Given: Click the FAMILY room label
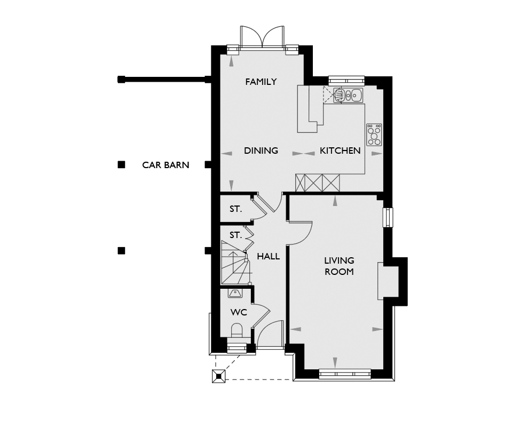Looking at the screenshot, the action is pos(261,82).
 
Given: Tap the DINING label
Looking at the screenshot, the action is pos(261,151).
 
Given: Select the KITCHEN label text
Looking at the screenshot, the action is pos(340,151).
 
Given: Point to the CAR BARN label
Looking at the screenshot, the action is pos(166,165).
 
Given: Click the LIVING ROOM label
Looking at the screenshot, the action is pos(339,266).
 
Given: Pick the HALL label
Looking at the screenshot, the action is pos(269,257).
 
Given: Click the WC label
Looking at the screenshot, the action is pos(239,312).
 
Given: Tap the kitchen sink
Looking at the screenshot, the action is pos(348,96).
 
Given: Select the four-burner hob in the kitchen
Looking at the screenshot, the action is pos(374,135).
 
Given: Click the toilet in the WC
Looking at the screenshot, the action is pos(237,330).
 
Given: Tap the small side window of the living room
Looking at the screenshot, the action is pos(388,217).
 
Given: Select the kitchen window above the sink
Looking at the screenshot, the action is pos(346,80).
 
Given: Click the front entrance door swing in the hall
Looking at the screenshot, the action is pos(270,334).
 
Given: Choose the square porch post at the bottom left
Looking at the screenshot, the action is pos(219,376).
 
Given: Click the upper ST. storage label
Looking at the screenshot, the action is pos(236,209).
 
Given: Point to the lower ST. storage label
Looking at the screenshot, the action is pos(236,235).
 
